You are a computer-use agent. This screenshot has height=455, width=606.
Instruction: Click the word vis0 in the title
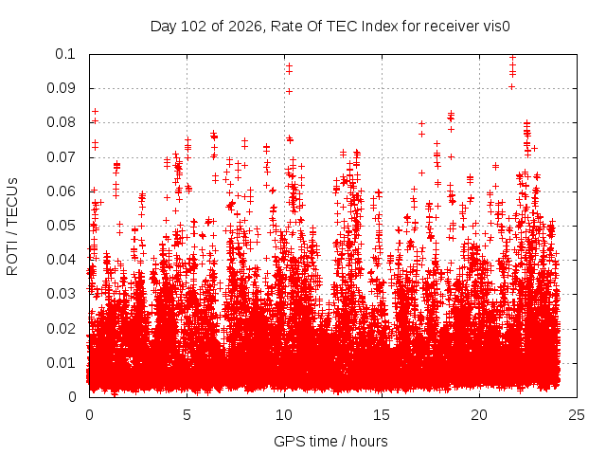click(x=496, y=27)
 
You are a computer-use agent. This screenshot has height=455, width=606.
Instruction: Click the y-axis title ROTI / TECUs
click(x=12, y=227)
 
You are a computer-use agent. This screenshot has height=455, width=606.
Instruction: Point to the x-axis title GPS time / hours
click(x=330, y=441)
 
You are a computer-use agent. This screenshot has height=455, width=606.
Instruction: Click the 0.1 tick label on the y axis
click(x=65, y=54)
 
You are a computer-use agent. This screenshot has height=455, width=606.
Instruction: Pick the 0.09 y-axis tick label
click(x=61, y=88)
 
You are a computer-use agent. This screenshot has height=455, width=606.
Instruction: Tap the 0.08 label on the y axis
click(x=61, y=122)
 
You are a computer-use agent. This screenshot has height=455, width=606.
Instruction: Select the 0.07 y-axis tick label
click(x=61, y=157)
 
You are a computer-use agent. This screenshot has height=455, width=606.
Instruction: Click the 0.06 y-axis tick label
click(x=61, y=191)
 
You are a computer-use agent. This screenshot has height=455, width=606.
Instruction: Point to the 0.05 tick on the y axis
click(x=61, y=226)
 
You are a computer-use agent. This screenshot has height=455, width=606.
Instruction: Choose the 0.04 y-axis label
click(x=61, y=260)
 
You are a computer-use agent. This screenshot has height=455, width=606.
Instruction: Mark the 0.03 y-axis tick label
click(x=61, y=294)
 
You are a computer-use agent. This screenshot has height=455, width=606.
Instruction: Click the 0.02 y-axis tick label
click(x=61, y=329)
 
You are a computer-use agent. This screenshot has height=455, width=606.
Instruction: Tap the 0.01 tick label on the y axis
click(x=61, y=363)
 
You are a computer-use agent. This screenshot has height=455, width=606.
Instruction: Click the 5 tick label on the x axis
click(x=187, y=415)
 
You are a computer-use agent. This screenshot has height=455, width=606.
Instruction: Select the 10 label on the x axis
click(x=284, y=415)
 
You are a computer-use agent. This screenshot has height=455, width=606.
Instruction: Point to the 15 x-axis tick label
click(x=382, y=415)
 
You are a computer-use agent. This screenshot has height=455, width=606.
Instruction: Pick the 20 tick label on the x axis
click(x=479, y=415)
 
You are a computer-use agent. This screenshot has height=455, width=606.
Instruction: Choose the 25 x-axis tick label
click(x=577, y=415)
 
